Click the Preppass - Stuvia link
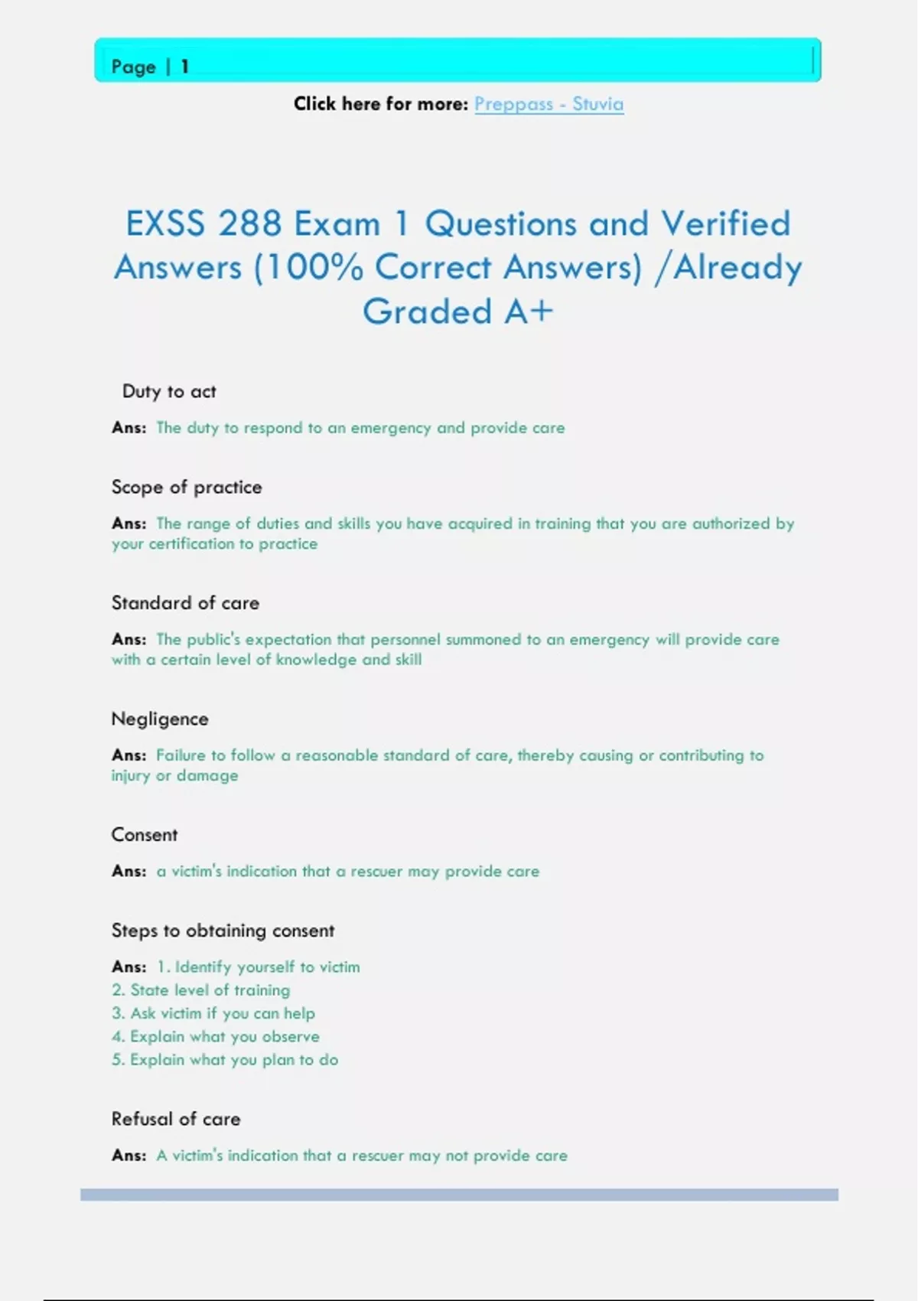coord(549,104)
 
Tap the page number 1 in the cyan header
coord(184,67)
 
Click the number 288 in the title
coord(249,223)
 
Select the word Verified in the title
coord(725,223)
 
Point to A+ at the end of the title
coord(528,311)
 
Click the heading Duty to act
coord(169,392)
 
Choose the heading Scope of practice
coord(187,487)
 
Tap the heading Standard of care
coord(185,603)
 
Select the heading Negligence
coord(160,719)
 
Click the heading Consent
coord(145,835)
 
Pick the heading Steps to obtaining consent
coord(223,931)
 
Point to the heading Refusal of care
coord(176,1119)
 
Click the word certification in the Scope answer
coord(191,544)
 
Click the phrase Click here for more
coord(380,104)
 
